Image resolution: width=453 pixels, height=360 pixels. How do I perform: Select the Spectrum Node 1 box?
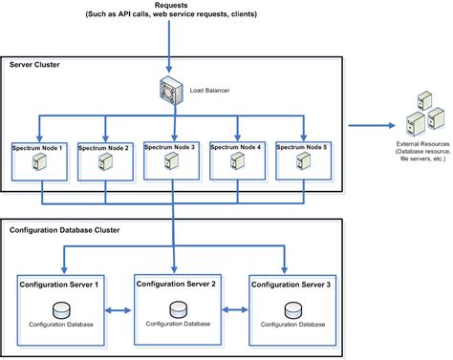pyautogui.click(x=39, y=159)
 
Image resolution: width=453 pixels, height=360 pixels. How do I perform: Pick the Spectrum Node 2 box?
pyautogui.click(x=104, y=159)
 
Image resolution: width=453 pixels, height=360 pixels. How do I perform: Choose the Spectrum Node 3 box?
pyautogui.click(x=171, y=159)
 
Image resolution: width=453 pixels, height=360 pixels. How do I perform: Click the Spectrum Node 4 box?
pyautogui.click(x=237, y=159)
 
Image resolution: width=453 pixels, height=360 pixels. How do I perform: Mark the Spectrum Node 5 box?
pyautogui.click(x=303, y=159)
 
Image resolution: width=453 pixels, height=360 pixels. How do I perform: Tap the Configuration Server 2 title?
pyautogui.click(x=177, y=284)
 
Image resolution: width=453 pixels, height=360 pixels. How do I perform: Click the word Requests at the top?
pyautogui.click(x=171, y=6)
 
